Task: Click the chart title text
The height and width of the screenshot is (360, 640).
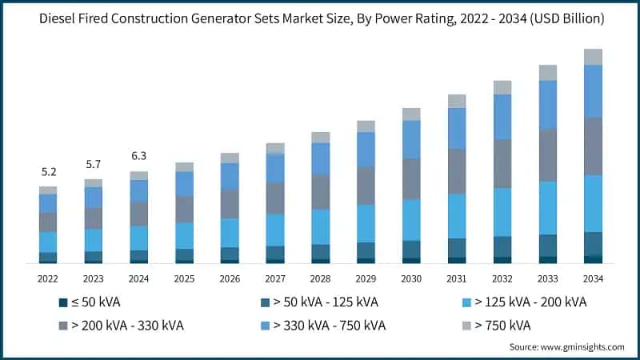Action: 320,18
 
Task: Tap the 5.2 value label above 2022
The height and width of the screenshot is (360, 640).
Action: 48,172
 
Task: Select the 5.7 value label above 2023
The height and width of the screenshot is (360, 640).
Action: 94,164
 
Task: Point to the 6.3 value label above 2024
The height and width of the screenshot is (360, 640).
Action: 139,156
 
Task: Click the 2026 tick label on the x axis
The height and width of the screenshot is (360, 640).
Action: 230,278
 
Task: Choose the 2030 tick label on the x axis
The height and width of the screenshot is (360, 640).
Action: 411,278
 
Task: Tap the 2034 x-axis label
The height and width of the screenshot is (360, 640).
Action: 593,278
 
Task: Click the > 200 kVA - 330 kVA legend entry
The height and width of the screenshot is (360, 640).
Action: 123,326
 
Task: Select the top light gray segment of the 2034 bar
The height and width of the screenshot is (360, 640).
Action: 593,57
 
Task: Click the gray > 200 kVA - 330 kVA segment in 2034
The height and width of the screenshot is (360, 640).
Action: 593,146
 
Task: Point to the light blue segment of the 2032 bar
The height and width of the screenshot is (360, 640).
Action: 502,212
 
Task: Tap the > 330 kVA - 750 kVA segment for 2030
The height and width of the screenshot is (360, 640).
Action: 411,139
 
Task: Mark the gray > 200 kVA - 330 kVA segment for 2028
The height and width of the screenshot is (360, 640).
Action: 321,192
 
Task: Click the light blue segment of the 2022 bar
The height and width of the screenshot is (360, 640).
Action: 48,242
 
